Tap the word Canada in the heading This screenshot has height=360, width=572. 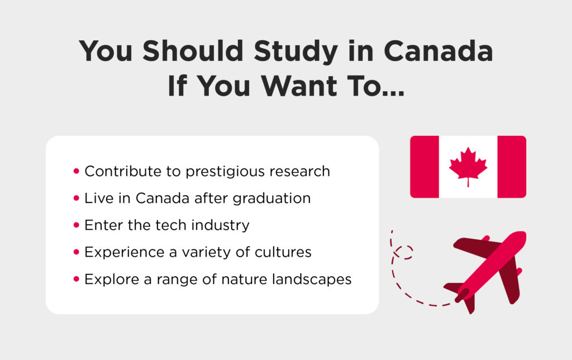pos(438,50)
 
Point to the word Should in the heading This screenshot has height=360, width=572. pos(193,50)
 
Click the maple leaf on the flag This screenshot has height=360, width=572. pos(468,167)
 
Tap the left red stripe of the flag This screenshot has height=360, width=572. pos(425,167)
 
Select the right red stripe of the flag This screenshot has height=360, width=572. pos(512,167)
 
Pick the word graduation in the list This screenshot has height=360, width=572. pos(272,198)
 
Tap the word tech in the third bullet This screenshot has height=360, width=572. pos(171,225)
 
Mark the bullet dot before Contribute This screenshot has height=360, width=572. pos(76,171)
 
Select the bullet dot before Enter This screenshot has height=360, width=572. pos(76,225)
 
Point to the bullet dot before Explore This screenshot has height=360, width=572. pos(76,279)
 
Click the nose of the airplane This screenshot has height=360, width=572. pos(522,235)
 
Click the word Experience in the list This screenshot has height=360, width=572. pos(125,253)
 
